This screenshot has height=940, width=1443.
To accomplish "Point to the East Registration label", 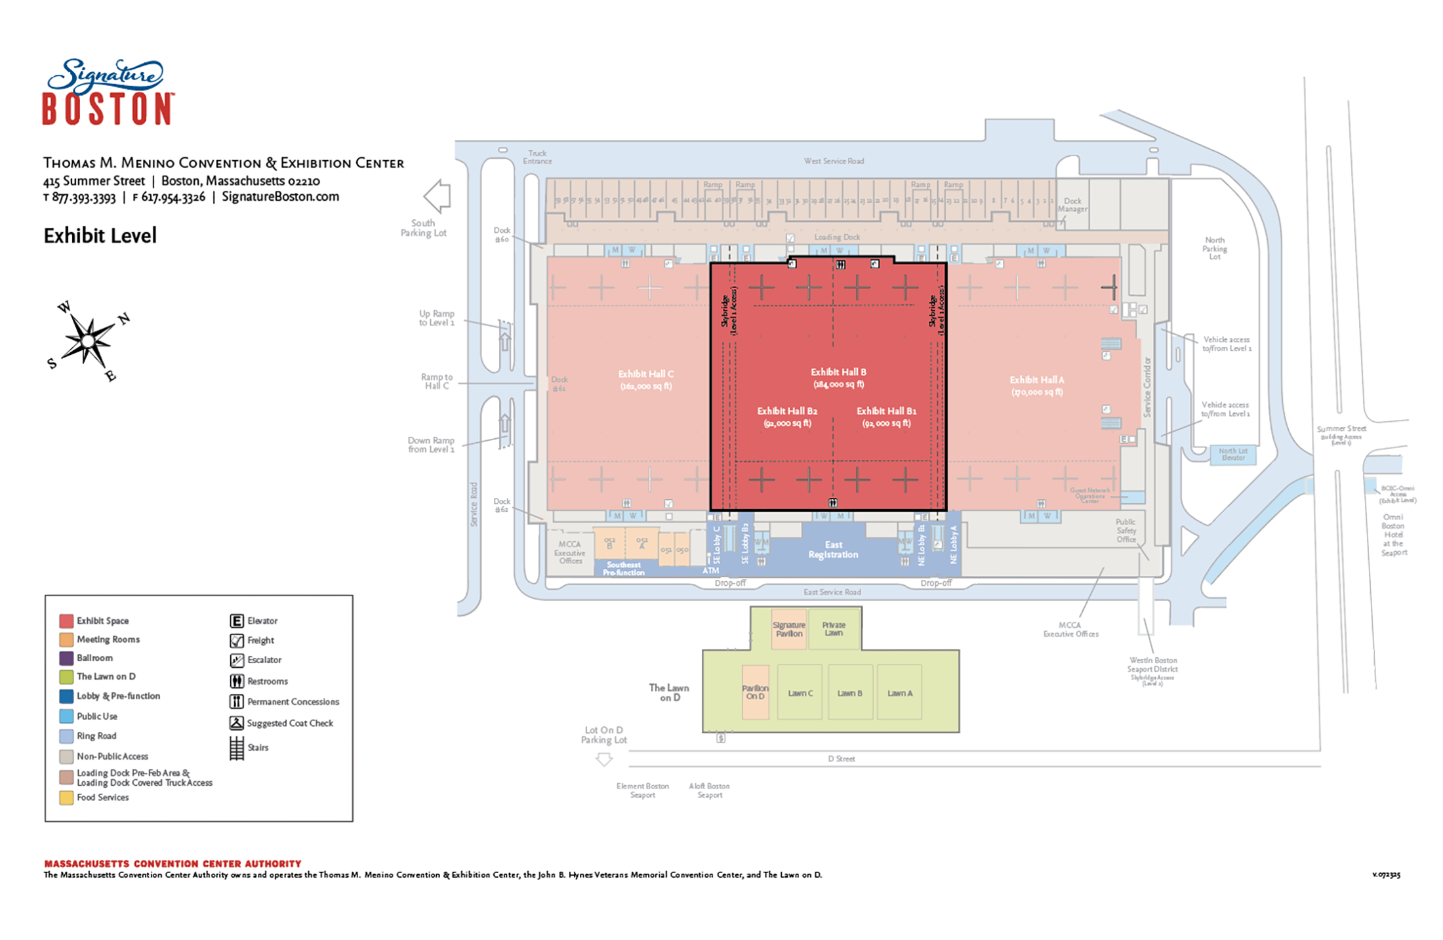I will tap(833, 550).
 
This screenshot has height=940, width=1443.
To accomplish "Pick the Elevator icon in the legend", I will tap(237, 621).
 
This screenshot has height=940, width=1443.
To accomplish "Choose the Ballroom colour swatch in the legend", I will tap(66, 658).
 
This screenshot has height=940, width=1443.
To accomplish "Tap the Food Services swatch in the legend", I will tap(66, 798).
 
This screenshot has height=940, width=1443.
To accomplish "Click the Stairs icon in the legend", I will tap(237, 748).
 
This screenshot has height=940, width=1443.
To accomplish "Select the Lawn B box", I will tap(850, 692).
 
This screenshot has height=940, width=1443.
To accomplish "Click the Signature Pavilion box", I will tap(788, 629).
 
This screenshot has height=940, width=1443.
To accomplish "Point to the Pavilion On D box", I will tap(755, 692).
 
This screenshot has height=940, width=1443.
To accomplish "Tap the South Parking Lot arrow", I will tap(437, 195).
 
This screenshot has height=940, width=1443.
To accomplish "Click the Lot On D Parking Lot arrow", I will tap(604, 760).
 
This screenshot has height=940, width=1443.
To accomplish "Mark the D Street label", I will tap(842, 759).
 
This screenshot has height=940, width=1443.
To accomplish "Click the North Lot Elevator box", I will tap(1232, 454).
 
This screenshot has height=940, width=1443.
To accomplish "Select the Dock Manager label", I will tap(1072, 205).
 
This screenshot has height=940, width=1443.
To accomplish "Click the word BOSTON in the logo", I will tap(108, 109).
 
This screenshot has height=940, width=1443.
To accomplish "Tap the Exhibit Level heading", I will tap(100, 235).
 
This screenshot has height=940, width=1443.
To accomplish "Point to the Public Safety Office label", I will tap(1126, 531).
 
